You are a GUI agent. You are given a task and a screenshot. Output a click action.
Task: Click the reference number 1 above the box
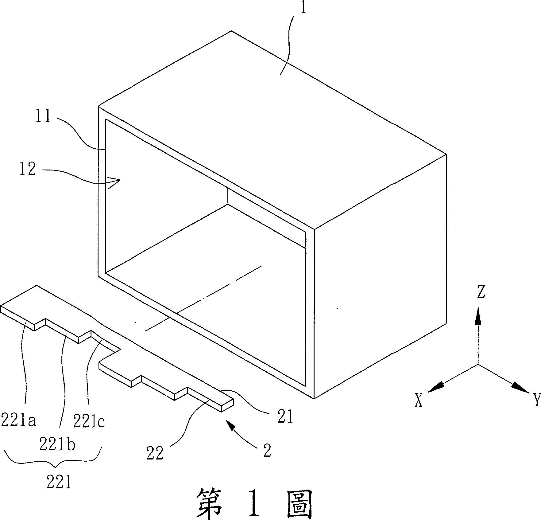(x=303, y=8)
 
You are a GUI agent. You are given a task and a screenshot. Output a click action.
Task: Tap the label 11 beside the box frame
(x=43, y=117)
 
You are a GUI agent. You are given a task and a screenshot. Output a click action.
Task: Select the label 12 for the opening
(x=28, y=169)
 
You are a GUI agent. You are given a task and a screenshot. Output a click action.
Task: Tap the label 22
(x=155, y=453)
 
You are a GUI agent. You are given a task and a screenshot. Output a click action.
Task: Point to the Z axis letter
(x=481, y=292)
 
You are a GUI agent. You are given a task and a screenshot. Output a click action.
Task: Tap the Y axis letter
(x=536, y=400)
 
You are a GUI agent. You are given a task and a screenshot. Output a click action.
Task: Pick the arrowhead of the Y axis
(x=522, y=389)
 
